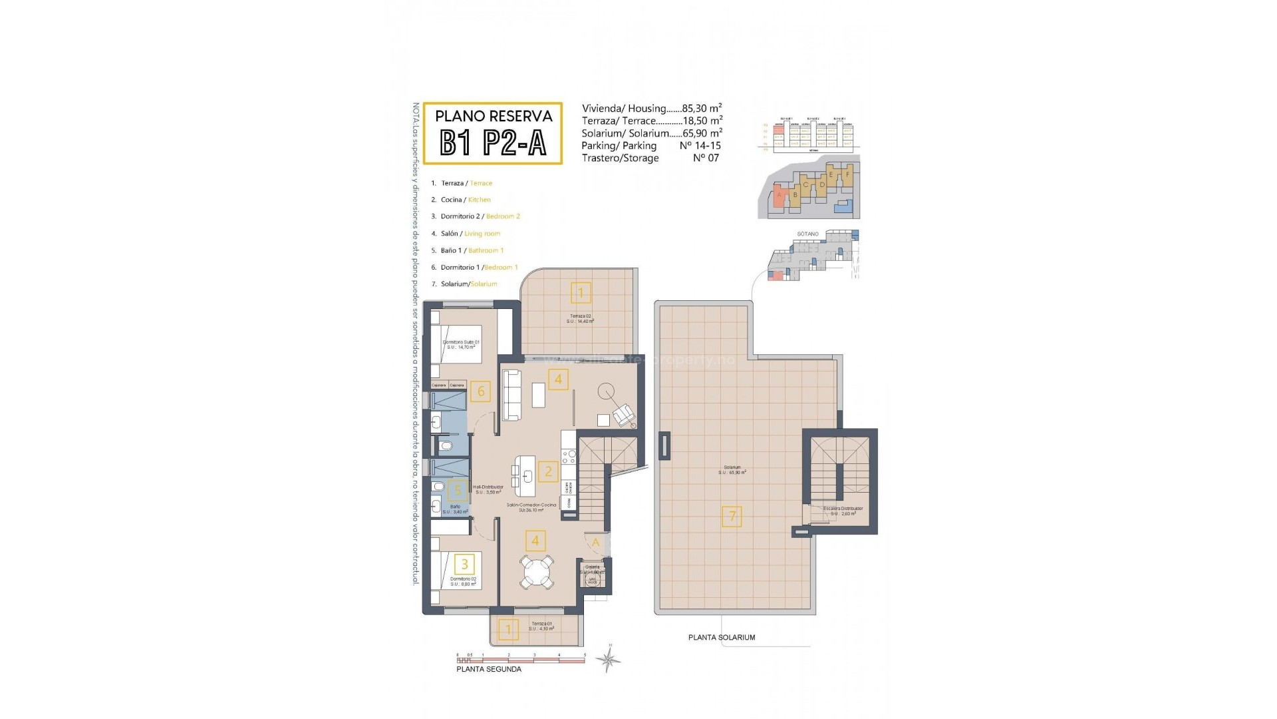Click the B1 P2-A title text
493,142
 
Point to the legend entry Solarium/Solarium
468,284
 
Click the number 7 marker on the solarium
732,516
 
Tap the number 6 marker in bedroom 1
481,391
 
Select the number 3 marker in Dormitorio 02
464,565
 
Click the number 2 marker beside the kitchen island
548,472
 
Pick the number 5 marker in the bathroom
457,491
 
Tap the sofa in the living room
511,395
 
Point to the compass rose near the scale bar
608,659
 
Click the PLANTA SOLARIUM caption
722,638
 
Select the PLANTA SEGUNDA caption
489,669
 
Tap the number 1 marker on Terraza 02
581,292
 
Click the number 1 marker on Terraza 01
509,629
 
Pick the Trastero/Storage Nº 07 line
650,158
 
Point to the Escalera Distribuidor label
843,509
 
